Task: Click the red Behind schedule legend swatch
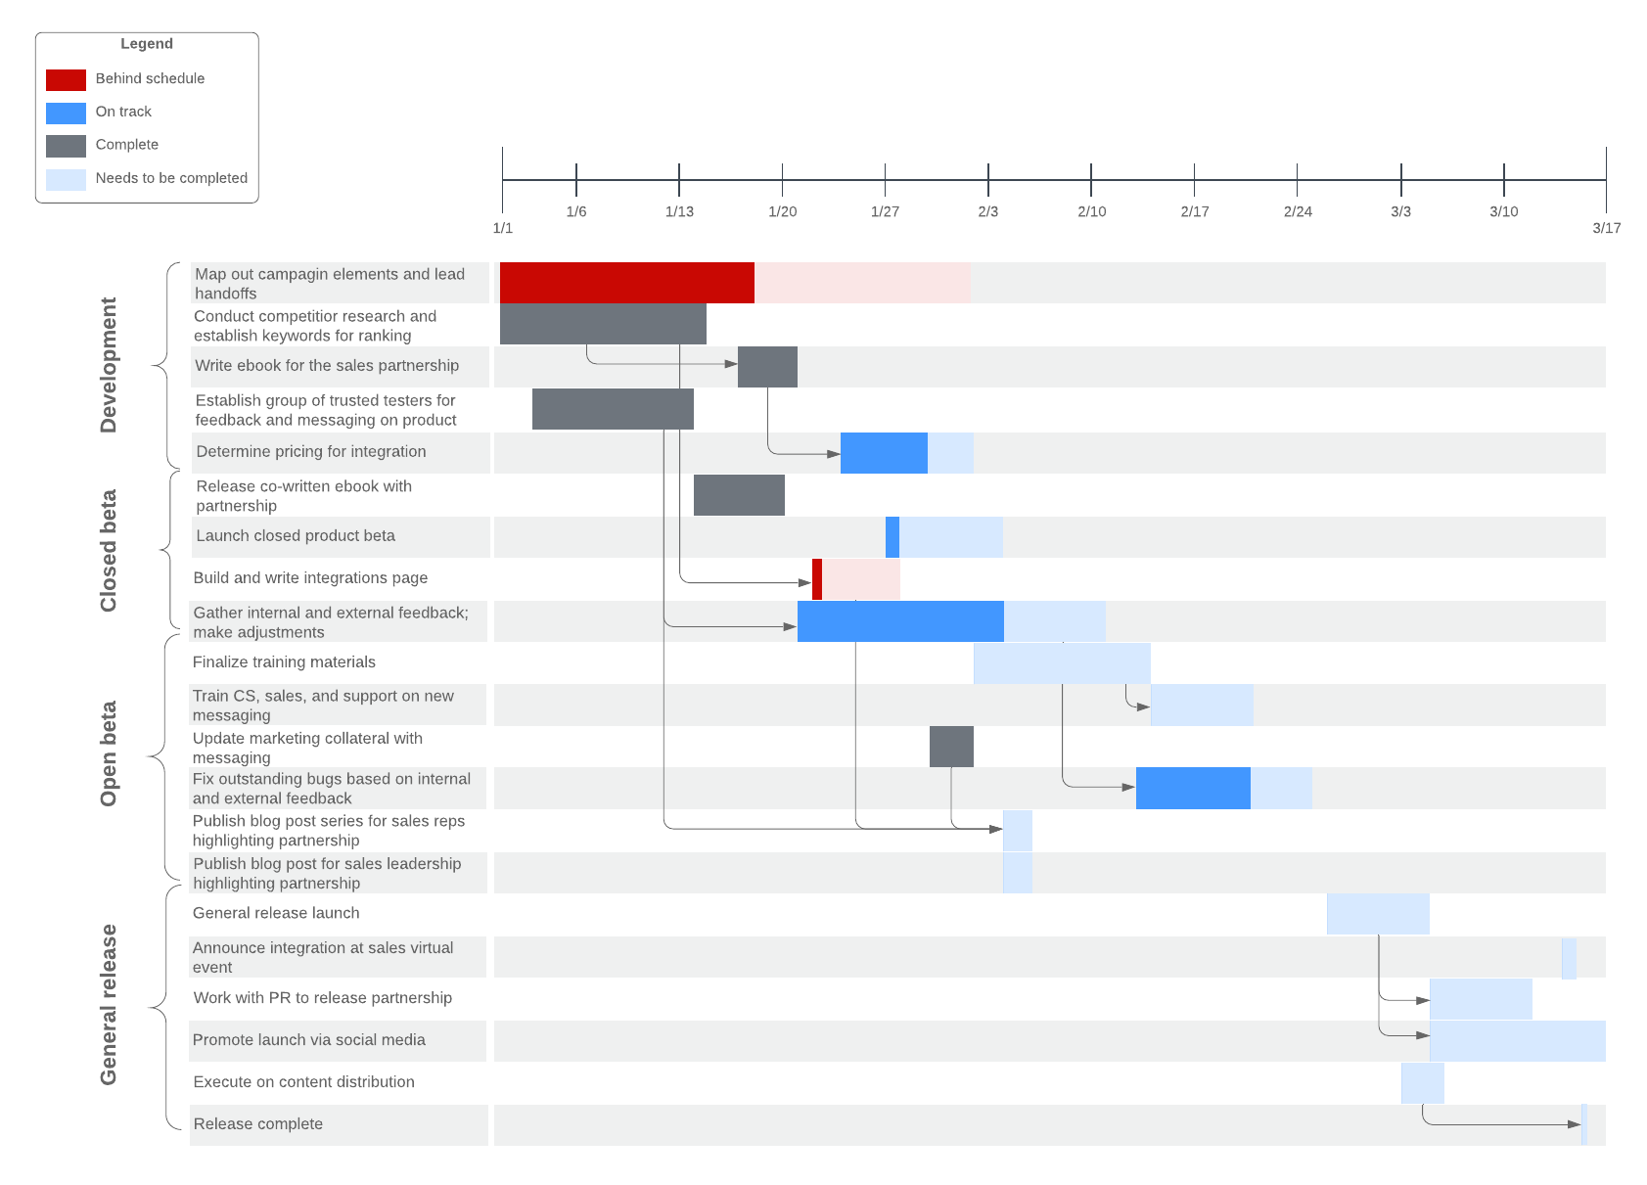[x=66, y=79]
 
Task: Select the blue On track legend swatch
[x=66, y=113]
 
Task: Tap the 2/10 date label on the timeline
[x=1091, y=211]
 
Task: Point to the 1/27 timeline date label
[x=885, y=211]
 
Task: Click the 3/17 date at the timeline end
[x=1606, y=228]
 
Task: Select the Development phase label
[x=109, y=365]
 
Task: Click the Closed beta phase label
[x=109, y=551]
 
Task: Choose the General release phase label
[x=109, y=1004]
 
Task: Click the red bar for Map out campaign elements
[x=626, y=283]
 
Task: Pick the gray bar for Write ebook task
[x=767, y=367]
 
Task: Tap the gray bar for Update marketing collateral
[x=951, y=747]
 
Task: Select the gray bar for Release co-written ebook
[x=739, y=495]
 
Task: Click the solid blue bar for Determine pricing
[x=884, y=453]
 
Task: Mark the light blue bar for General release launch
[x=1378, y=914]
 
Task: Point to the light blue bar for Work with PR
[x=1481, y=999]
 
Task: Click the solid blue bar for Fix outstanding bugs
[x=1193, y=789]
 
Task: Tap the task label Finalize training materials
[x=284, y=662]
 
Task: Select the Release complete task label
[x=257, y=1124]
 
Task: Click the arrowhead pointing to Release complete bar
[x=1575, y=1124]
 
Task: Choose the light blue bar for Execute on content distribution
[x=1422, y=1083]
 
